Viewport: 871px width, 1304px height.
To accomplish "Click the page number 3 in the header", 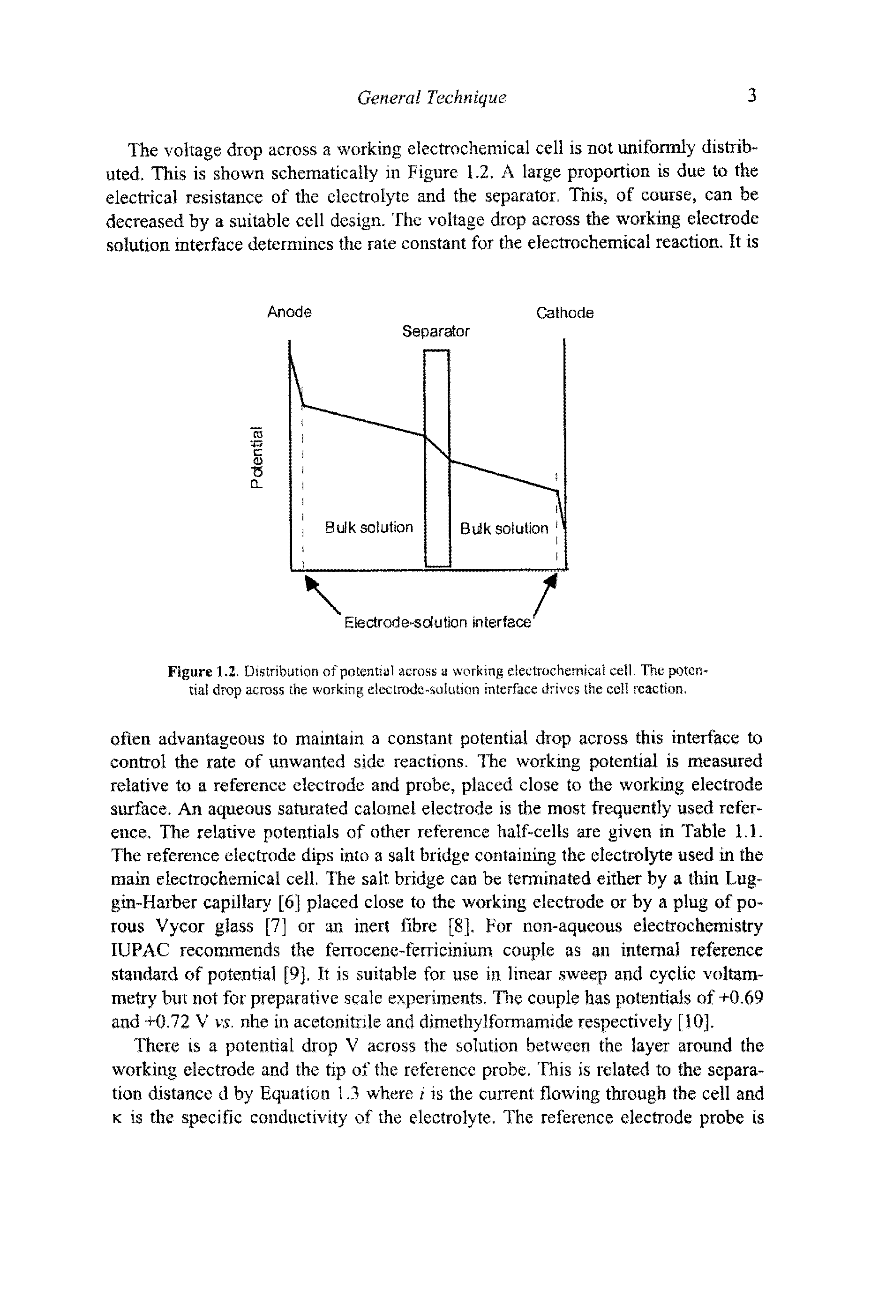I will pyautogui.click(x=752, y=97).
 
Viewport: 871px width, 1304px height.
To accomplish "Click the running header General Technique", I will pyautogui.click(x=432, y=98).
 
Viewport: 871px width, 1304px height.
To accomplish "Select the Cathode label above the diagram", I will pyautogui.click(x=564, y=313).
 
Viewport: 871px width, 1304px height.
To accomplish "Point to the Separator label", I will pyautogui.click(x=435, y=332).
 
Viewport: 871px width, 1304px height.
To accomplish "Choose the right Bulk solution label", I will pyautogui.click(x=504, y=529).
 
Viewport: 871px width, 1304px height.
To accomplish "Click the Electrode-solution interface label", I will pyautogui.click(x=438, y=623).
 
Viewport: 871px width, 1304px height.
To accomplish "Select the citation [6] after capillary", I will pyautogui.click(x=289, y=902).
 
